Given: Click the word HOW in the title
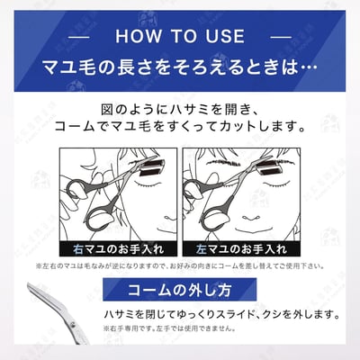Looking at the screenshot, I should [137, 36].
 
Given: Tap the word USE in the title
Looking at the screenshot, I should [222, 36].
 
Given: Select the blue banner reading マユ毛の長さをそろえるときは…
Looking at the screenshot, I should [180, 67].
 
